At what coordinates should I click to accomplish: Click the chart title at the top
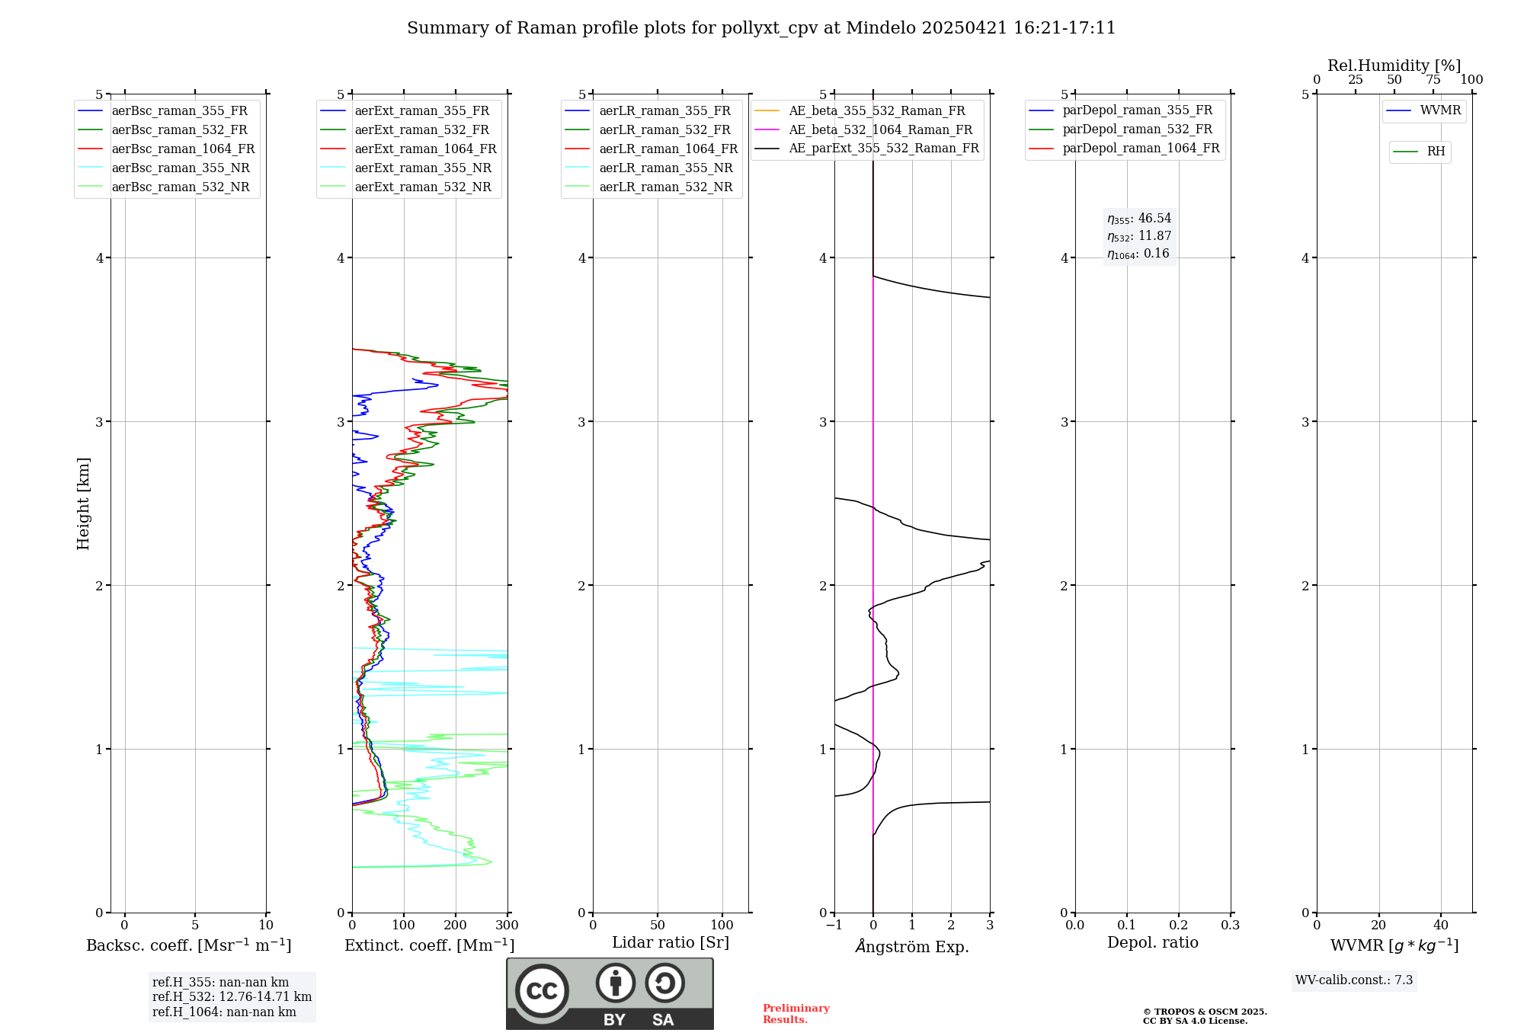[761, 28]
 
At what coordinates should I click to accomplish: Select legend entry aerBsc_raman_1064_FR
[183, 149]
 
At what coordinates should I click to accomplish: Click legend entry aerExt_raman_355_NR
[423, 168]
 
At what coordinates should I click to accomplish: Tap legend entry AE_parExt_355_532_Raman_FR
[884, 149]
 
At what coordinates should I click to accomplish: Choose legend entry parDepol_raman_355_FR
[1137, 110]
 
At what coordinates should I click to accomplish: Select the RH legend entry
[1436, 152]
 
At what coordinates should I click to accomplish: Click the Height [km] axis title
[83, 503]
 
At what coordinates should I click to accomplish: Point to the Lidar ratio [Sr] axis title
[671, 942]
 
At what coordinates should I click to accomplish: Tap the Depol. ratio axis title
[1152, 942]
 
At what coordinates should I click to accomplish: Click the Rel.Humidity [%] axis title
[1394, 66]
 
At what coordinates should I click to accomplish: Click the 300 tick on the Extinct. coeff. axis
[507, 926]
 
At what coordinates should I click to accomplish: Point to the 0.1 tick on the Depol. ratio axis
[1126, 926]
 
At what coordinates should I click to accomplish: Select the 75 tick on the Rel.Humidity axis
[1433, 80]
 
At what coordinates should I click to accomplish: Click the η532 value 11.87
[1154, 236]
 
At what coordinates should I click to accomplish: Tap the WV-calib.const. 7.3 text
[1354, 980]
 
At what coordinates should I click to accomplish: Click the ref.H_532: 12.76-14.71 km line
[232, 997]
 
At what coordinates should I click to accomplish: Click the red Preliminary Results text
[796, 1014]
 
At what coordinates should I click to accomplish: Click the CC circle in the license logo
[542, 990]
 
